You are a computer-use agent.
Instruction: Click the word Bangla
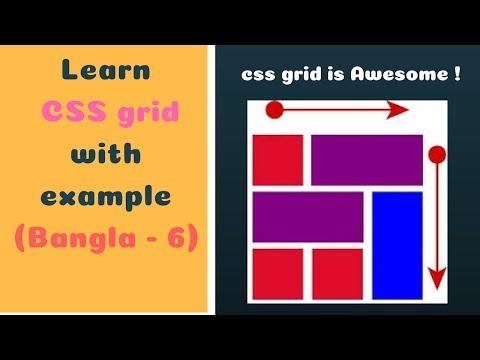coord(81,239)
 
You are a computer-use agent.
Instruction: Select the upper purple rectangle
coord(366,159)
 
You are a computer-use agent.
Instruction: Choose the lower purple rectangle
coord(308,217)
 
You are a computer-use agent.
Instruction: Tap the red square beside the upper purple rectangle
coord(277,159)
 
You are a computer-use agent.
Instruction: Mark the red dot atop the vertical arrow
coord(436,153)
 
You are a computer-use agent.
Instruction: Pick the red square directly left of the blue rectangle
coord(337,273)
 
